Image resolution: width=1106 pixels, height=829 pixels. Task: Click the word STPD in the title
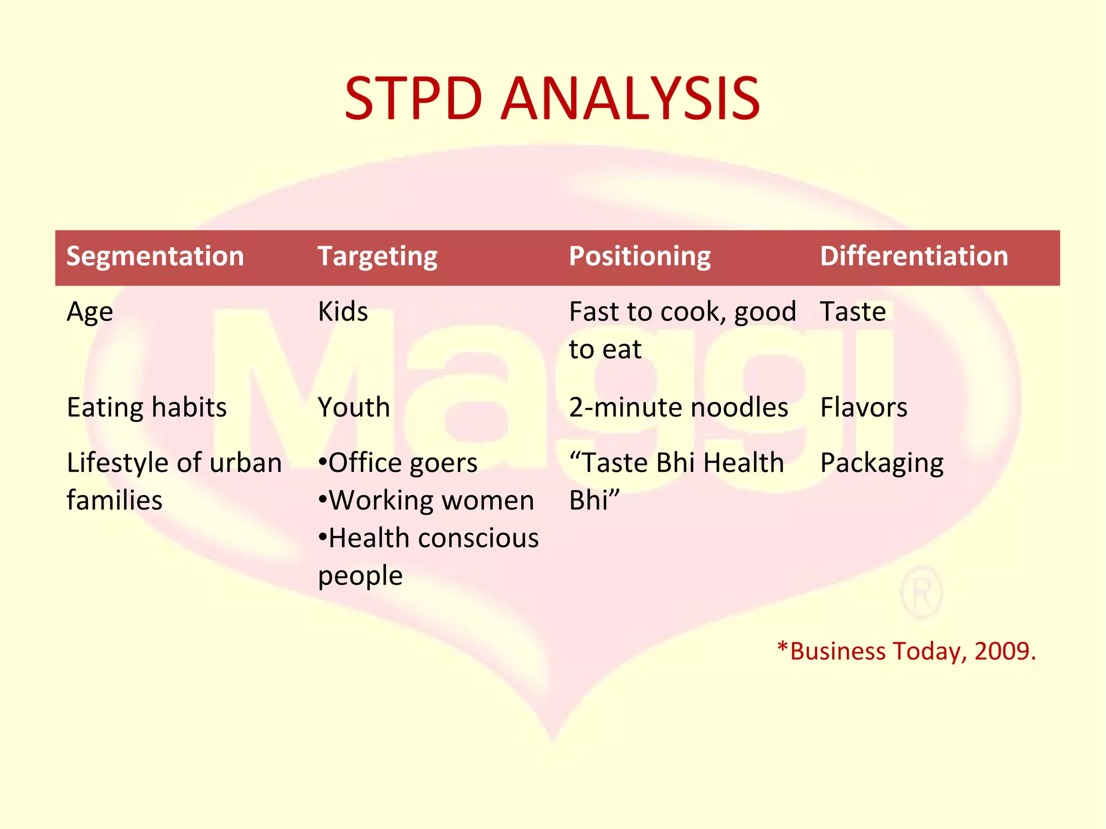413,99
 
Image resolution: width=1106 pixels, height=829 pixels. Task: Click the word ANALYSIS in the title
630,99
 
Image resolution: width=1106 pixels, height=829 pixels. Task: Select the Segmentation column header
155,256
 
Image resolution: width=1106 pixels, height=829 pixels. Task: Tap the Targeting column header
377,256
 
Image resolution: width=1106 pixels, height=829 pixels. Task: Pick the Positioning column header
640,256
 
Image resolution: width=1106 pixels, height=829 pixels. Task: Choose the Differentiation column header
914,256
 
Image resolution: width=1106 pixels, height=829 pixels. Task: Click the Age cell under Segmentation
90,312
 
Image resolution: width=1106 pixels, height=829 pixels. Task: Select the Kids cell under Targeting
343,311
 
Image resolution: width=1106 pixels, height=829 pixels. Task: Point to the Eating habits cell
146,407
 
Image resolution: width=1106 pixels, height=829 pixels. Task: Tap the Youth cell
354,407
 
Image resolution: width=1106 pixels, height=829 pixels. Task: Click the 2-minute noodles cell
678,407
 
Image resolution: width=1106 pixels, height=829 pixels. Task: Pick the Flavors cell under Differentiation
864,407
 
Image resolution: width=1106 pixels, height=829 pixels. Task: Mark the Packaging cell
881,463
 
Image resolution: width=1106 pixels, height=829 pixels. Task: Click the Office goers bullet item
398,463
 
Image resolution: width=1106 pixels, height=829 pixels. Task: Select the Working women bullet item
427,500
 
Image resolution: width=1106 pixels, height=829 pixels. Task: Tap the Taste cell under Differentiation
853,311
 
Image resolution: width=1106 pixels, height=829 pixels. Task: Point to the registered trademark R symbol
921,593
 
